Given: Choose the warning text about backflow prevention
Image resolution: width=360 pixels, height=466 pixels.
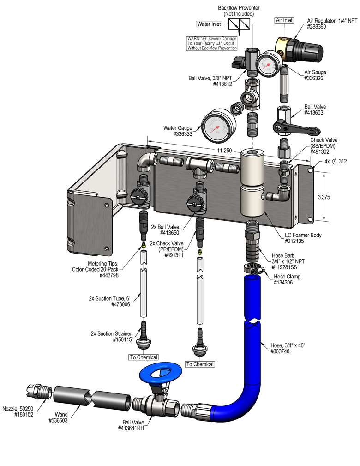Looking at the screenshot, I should [x=212, y=43].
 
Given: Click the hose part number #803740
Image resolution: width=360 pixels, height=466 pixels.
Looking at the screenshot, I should [x=282, y=351].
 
